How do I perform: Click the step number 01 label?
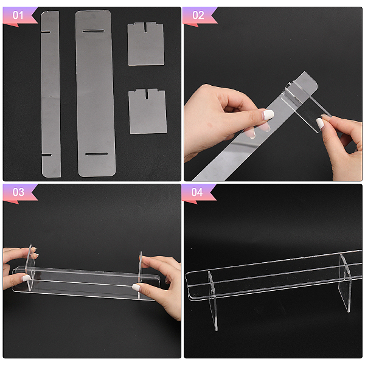[x=18, y=15]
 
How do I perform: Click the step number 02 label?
[x=198, y=15]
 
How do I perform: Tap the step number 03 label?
[x=18, y=192]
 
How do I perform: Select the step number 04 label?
[x=197, y=192]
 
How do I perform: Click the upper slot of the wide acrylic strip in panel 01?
[x=93, y=31]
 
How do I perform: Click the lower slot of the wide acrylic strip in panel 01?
[x=96, y=154]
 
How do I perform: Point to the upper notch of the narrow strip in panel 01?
[x=46, y=32]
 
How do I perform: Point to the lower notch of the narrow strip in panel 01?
[x=47, y=155]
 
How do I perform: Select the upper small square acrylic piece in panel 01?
[x=146, y=44]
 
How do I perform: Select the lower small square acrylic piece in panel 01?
[x=148, y=111]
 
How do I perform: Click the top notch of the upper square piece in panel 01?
[x=145, y=27]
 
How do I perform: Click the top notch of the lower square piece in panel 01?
[x=147, y=93]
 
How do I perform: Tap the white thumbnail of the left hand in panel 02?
[x=268, y=114]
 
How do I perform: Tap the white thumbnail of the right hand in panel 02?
[x=321, y=123]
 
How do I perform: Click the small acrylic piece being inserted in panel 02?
[x=305, y=108]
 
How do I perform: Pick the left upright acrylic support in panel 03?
[x=30, y=268]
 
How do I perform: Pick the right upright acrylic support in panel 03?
[x=140, y=275]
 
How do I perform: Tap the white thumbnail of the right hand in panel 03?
[x=137, y=288]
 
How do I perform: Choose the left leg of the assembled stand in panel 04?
[x=213, y=301]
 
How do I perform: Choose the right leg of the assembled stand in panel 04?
[x=345, y=283]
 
